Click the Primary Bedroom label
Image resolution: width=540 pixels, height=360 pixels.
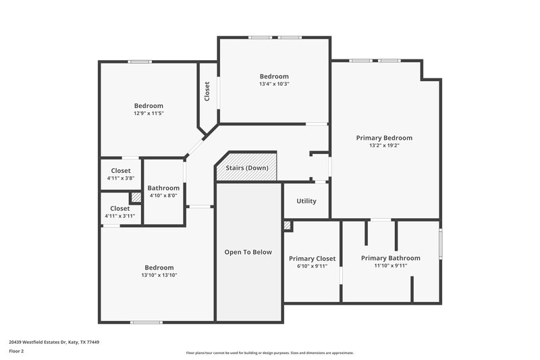[x=383, y=138]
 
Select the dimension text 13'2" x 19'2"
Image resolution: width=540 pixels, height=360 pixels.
[x=383, y=145]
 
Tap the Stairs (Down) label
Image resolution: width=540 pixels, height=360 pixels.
[x=247, y=168]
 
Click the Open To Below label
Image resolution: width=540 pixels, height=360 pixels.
[x=248, y=252]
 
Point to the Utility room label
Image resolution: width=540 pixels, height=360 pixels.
[x=306, y=201]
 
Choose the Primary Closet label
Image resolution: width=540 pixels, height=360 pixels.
[x=312, y=259]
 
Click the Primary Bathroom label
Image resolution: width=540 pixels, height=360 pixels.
[x=390, y=258]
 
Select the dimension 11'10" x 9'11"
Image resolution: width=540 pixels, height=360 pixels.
[x=390, y=265]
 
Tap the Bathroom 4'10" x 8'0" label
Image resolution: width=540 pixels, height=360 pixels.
[x=163, y=191]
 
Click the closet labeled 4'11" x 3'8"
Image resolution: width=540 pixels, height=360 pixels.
[x=120, y=174]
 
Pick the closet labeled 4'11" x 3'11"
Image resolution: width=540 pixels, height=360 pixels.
[x=119, y=212]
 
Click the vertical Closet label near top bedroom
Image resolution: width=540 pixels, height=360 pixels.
[x=208, y=92]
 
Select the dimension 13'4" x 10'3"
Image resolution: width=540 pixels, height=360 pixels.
[x=274, y=84]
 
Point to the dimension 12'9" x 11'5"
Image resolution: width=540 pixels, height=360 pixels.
[x=148, y=113]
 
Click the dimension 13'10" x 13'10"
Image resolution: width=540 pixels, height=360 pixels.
[x=159, y=275]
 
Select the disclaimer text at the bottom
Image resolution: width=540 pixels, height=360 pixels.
[x=269, y=353]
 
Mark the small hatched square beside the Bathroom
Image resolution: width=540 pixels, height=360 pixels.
[x=136, y=197]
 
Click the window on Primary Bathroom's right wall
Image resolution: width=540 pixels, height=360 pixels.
[x=440, y=244]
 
